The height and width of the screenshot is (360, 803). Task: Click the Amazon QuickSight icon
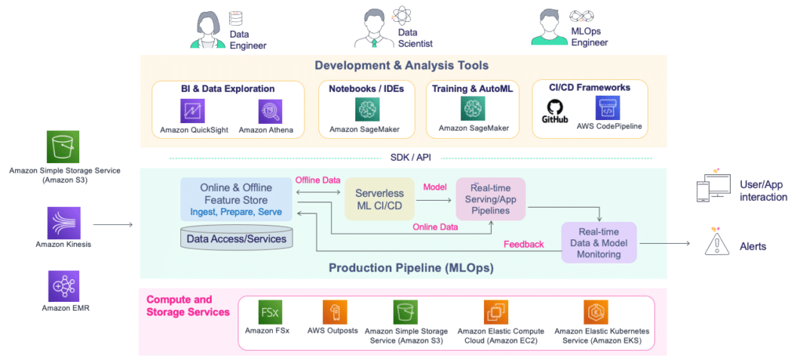click(192, 111)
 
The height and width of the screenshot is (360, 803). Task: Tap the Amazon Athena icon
click(270, 111)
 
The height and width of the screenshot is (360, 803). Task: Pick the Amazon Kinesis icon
click(64, 222)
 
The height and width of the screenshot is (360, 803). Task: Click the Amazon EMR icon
click(64, 285)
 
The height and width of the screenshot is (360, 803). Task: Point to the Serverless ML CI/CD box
click(380, 199)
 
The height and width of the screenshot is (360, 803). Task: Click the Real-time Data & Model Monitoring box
click(598, 242)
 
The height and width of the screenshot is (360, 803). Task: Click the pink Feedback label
click(524, 244)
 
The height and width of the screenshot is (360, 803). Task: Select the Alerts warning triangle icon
click(717, 242)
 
